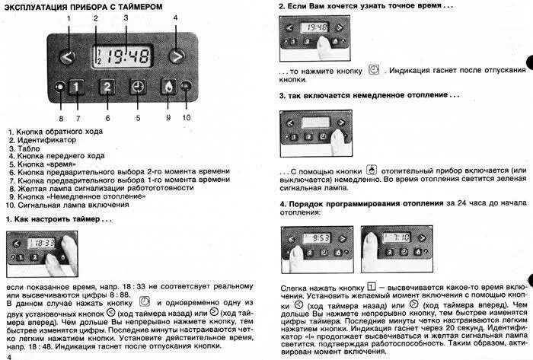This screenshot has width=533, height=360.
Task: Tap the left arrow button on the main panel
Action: pyautogui.click(x=69, y=56)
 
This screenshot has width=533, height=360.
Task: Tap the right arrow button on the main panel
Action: pyautogui.click(x=177, y=56)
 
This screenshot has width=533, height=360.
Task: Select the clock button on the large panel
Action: pyautogui.click(x=138, y=86)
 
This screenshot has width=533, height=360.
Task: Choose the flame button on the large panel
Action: pyautogui.click(x=168, y=86)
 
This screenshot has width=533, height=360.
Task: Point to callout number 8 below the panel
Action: pyautogui.click(x=61, y=119)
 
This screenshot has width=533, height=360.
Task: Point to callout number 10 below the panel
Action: pyautogui.click(x=186, y=118)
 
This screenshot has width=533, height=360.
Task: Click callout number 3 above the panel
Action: pyautogui.click(x=126, y=18)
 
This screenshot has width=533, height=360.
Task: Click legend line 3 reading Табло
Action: pyautogui.click(x=30, y=148)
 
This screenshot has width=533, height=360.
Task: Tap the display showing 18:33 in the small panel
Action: pyautogui.click(x=40, y=243)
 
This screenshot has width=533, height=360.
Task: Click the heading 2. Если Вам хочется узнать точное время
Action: pyautogui.click(x=365, y=5)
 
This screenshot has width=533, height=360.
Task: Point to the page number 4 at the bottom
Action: pyautogui.click(x=9, y=355)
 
